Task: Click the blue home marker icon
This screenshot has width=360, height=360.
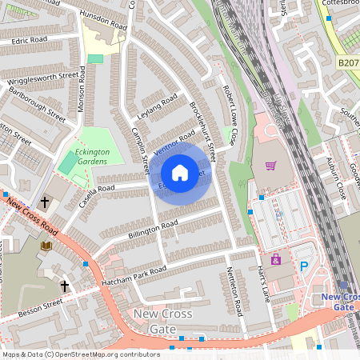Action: [180, 173]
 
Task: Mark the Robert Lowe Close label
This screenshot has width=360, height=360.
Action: [230, 115]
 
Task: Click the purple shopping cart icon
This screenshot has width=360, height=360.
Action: [270, 166]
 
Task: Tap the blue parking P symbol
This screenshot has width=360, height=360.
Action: [303, 266]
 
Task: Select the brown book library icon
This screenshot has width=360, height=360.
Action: [46, 246]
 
